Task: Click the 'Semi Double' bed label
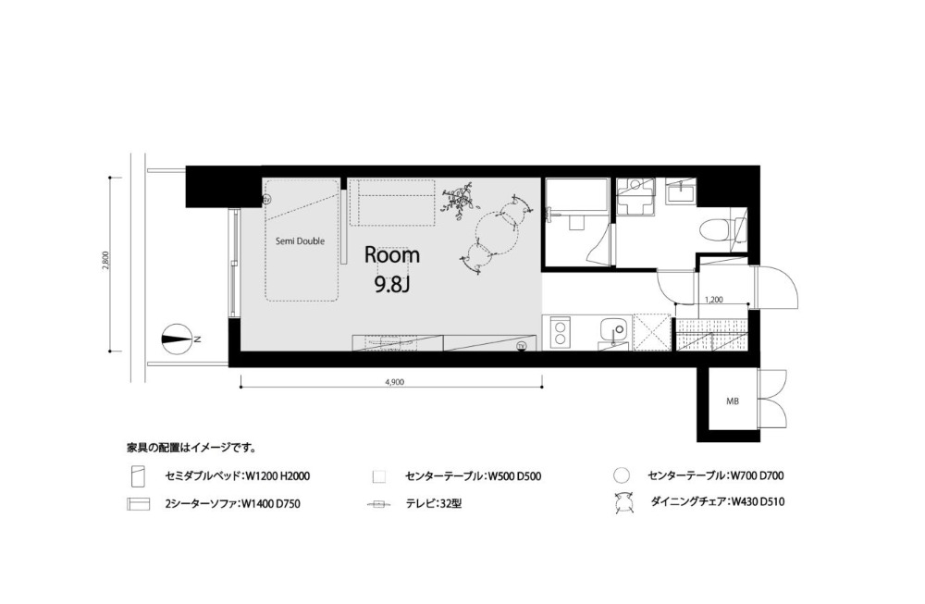(301, 241)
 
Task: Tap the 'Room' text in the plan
(391, 254)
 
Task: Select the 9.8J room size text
(391, 285)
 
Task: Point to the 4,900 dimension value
(394, 382)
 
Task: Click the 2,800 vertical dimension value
(105, 261)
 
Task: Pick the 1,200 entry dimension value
(714, 300)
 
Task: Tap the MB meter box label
(732, 401)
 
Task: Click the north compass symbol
(176, 339)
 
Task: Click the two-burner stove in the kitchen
(559, 332)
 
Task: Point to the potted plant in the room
(459, 201)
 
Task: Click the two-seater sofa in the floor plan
(391, 202)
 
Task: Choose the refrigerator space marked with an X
(652, 333)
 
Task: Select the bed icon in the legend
(137, 475)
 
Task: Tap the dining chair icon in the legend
(623, 503)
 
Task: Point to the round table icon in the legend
(622, 475)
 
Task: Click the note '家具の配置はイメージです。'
(191, 448)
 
